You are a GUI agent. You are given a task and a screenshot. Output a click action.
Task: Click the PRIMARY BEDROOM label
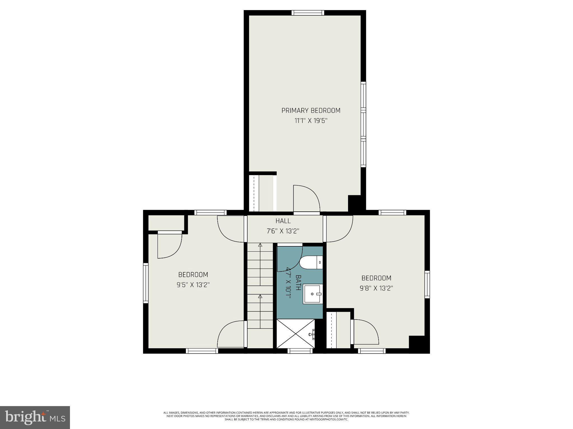coord(311,111)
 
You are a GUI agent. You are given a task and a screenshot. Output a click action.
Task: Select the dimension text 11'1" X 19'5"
coord(311,121)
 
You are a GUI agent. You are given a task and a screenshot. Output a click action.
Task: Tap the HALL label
coord(283,221)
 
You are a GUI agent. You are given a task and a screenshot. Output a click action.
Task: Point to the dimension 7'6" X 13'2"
coord(283,231)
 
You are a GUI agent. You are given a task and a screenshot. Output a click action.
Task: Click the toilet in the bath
coord(311,263)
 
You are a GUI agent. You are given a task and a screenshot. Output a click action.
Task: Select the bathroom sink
coord(313,294)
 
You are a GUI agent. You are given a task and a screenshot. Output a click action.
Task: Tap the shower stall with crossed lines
coord(295,334)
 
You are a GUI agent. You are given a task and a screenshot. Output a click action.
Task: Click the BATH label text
coord(298,283)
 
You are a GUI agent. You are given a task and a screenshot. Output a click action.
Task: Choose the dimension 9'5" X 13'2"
coord(193,285)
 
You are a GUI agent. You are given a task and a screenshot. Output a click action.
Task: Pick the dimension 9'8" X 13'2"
coord(376,288)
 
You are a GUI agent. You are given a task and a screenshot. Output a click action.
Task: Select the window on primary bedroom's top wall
coord(307,13)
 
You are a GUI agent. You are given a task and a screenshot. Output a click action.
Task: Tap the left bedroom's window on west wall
coord(145,283)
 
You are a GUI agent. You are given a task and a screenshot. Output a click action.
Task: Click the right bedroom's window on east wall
coord(427,284)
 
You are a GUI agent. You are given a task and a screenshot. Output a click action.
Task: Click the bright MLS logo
coord(35,417)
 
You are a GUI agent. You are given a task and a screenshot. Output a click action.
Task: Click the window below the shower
coord(300,351)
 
